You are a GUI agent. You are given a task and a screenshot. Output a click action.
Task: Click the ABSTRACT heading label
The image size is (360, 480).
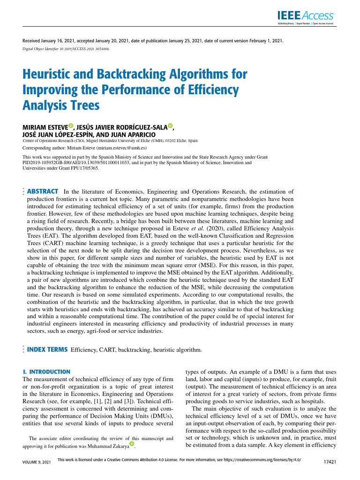(43, 191)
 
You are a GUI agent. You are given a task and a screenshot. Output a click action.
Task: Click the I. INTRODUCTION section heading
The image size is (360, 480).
(46, 372)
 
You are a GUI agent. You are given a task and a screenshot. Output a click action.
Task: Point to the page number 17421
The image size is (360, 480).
(331, 462)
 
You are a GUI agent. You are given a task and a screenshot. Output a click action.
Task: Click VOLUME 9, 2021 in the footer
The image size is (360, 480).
(33, 462)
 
